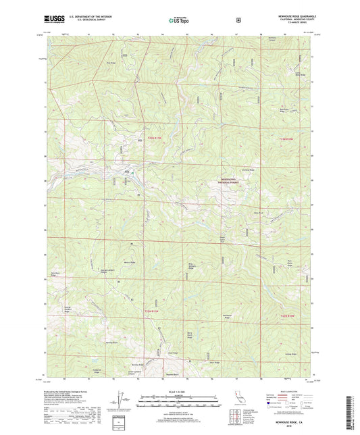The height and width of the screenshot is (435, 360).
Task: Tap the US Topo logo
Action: tap(178, 21)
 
